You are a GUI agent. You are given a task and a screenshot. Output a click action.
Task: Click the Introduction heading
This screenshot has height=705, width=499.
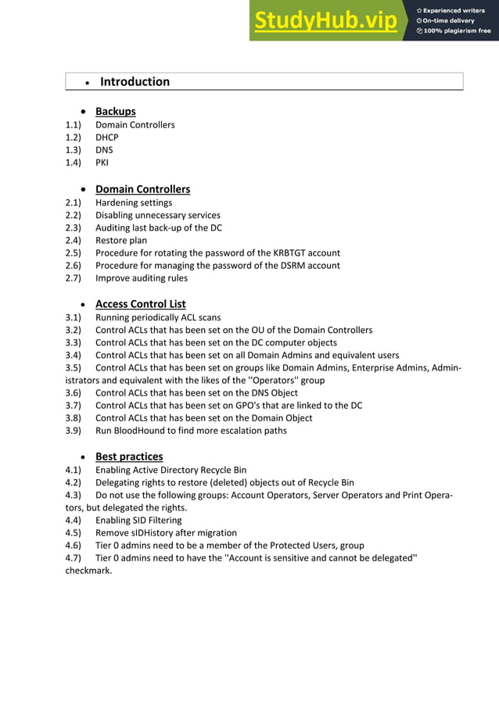(135, 81)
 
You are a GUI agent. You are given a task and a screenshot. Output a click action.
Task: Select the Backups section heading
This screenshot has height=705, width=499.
(115, 111)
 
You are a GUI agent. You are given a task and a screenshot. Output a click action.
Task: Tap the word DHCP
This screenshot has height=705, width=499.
(107, 138)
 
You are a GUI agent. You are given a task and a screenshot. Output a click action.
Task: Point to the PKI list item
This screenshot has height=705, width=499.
(102, 163)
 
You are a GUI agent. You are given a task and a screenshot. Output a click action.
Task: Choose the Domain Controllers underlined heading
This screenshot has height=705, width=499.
(142, 189)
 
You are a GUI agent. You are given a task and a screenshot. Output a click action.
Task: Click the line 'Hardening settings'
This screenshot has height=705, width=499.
(134, 202)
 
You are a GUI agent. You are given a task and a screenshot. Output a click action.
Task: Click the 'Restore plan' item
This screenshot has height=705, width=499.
(121, 240)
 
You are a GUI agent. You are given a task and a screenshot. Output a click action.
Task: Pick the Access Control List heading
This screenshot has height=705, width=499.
(140, 303)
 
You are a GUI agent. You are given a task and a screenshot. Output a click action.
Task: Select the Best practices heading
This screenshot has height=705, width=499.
(129, 456)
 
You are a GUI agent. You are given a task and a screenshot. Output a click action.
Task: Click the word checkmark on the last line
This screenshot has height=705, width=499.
(88, 570)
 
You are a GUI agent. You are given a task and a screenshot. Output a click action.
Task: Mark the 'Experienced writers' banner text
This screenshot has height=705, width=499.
(454, 10)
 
